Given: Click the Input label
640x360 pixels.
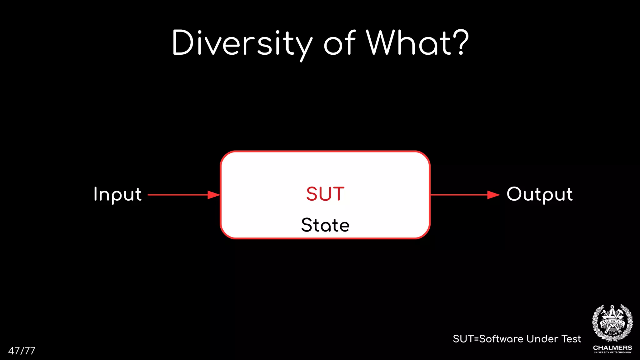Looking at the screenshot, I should [x=117, y=194].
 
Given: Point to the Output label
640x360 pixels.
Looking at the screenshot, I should [x=539, y=194].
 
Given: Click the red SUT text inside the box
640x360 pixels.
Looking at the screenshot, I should [x=325, y=194].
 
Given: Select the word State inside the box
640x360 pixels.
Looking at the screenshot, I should [x=325, y=225].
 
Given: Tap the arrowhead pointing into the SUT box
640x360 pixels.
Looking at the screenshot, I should [x=214, y=195].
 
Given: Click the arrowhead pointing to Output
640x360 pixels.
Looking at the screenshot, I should [x=494, y=195].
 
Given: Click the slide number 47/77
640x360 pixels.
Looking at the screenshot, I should [x=22, y=351].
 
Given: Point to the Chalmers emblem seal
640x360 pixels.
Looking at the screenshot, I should [x=612, y=323].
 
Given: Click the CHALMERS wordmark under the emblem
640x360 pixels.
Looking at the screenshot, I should [x=612, y=347].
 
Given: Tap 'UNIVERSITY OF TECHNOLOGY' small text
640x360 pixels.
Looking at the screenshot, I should [x=612, y=352].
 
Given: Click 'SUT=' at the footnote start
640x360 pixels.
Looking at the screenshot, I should [x=466, y=339].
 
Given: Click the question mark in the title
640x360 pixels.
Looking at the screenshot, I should [x=462, y=42].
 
